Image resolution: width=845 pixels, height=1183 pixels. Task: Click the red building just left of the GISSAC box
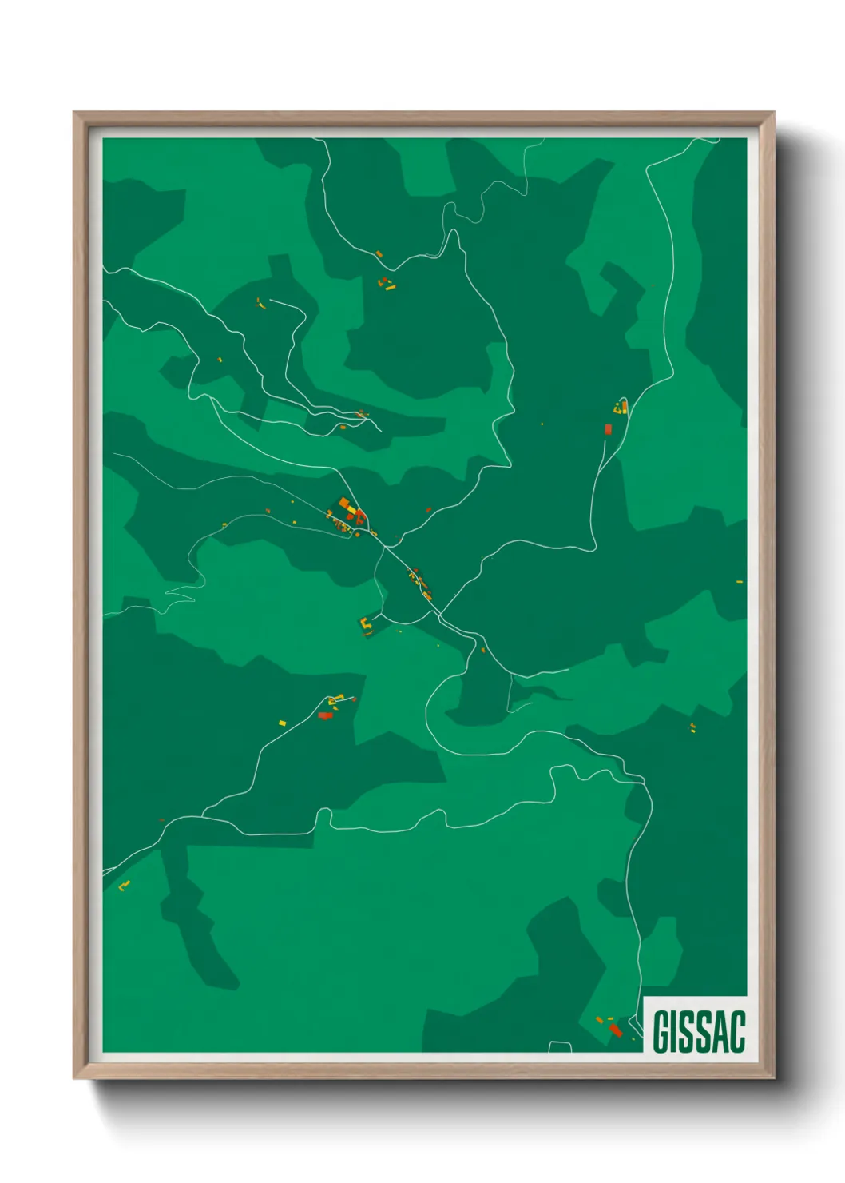pos(615,1030)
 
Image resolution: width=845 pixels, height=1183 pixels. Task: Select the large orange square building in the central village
pos(344,503)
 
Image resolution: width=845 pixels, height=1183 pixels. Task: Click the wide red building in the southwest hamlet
pos(325,715)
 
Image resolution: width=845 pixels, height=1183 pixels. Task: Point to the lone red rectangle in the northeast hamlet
pos(608,429)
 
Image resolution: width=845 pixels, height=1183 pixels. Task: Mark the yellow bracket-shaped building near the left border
pos(124,885)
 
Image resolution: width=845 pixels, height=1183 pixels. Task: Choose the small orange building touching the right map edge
pos(740,581)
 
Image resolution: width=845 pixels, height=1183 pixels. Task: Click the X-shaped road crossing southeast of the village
pos(438,614)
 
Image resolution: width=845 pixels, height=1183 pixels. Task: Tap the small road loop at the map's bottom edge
pos(560,1047)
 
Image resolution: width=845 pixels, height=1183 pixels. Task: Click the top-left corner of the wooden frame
pos(74,113)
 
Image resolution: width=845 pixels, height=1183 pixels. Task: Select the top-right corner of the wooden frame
pos(773,113)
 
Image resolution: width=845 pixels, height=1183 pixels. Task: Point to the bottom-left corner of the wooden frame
pos(74,1078)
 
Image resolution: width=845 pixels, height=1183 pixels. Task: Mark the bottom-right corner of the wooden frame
pos(773,1078)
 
